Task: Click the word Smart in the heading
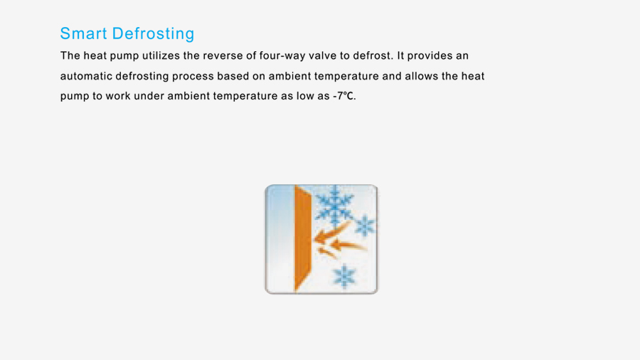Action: point(83,33)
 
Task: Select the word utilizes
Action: point(161,55)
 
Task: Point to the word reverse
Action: point(223,55)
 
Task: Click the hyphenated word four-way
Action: point(282,56)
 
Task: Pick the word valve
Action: point(322,55)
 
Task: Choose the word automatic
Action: point(86,76)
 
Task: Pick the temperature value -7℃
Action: point(344,96)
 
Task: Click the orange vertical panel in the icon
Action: point(302,238)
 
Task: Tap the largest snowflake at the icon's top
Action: point(334,205)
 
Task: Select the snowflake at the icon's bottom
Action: point(344,276)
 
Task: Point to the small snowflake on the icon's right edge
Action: point(365,226)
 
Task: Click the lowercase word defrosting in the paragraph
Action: point(142,77)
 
